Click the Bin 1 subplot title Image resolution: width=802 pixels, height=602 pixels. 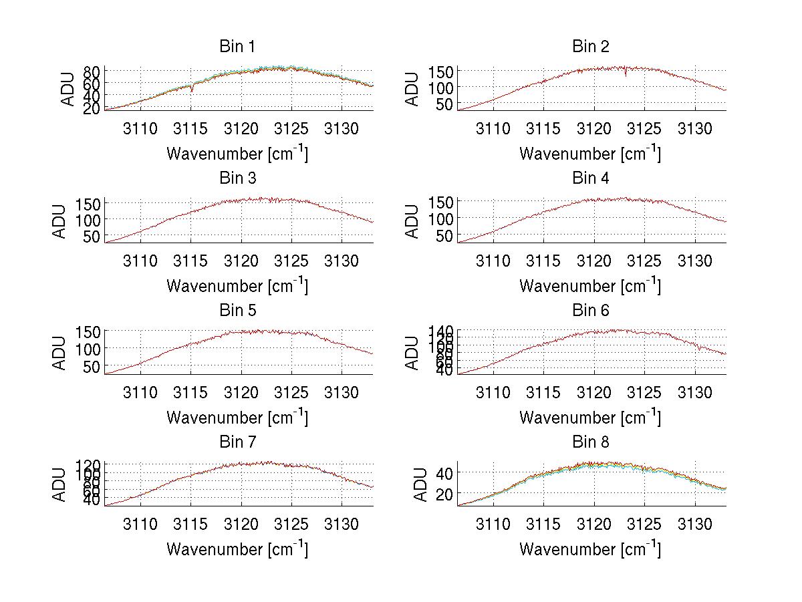click(x=237, y=47)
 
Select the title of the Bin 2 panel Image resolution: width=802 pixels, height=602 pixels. click(x=590, y=47)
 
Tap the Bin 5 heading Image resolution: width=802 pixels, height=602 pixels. click(x=237, y=311)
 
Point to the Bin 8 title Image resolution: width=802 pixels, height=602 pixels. click(x=590, y=442)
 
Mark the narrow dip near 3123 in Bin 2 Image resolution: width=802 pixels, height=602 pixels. click(x=626, y=74)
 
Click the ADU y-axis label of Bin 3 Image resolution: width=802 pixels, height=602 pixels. click(x=61, y=221)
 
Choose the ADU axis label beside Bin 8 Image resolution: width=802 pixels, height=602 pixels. click(x=414, y=485)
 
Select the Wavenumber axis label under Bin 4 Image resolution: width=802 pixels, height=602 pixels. click(x=590, y=286)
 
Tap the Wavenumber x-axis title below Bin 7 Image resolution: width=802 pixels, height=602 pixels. click(x=237, y=549)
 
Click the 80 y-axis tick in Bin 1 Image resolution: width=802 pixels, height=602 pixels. click(x=92, y=71)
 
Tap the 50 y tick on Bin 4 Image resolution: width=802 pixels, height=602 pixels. click(x=445, y=235)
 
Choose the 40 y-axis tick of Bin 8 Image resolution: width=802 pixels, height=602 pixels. click(x=445, y=473)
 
